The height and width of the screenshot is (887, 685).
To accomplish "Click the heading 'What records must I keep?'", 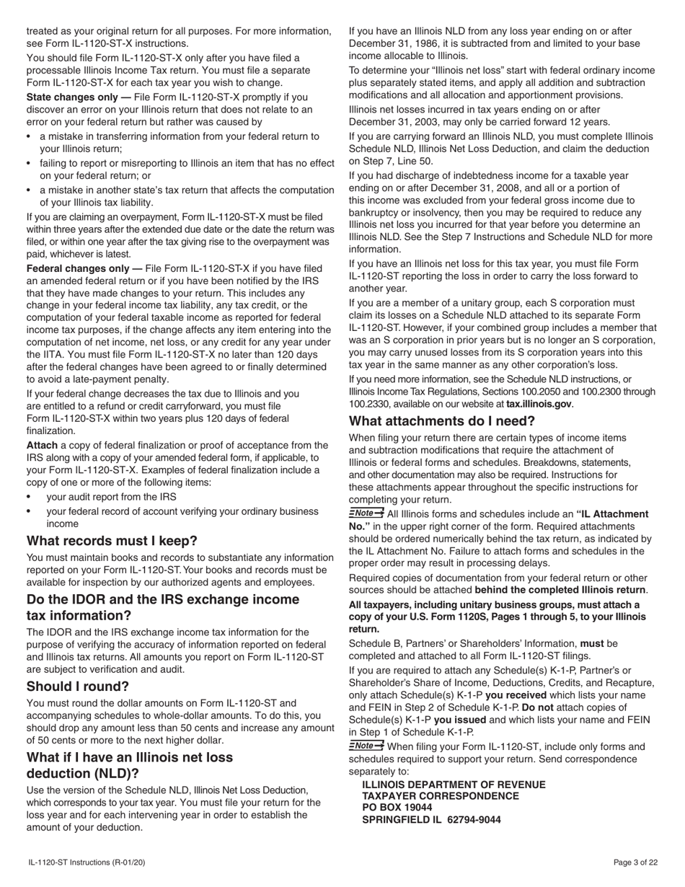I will pos(112,541).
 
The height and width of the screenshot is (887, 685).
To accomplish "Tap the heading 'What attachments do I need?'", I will pos(442,421).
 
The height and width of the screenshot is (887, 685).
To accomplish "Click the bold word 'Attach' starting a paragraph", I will pos(42,446).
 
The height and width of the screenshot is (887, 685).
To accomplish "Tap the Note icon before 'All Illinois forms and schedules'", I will pos(366,513).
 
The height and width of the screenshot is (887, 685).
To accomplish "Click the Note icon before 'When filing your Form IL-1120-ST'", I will pos(366,746).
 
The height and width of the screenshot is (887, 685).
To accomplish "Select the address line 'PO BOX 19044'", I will pos(397,808).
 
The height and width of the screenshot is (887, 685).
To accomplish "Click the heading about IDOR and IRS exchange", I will pos(162,607).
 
